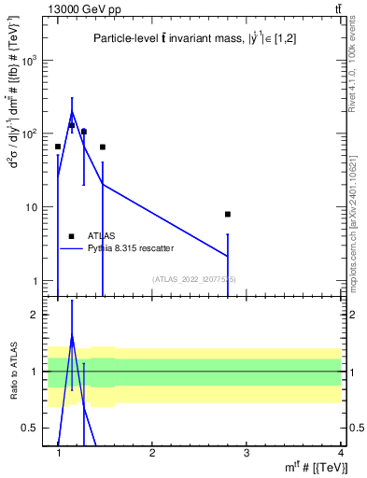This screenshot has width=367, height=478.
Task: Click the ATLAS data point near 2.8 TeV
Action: [228, 214]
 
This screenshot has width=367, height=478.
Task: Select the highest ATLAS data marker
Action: [71, 125]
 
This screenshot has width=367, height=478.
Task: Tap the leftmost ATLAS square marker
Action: [58, 147]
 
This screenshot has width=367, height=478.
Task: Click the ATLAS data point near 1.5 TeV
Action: [103, 147]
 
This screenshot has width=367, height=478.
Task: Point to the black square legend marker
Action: [71, 237]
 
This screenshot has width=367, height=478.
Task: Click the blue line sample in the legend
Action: [71, 248]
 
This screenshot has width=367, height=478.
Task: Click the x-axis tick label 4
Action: [340, 451]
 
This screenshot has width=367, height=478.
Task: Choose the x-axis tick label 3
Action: [247, 451]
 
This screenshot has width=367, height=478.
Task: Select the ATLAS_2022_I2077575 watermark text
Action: [194, 279]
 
